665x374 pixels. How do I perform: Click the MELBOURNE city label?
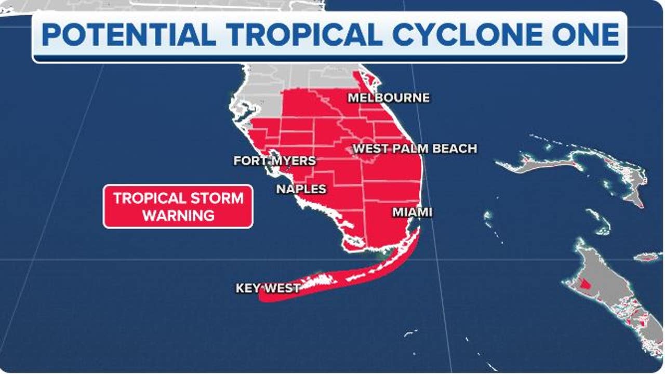(389, 98)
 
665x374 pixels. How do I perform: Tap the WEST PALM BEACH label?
(415, 149)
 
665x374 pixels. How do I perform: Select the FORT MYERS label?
(274, 161)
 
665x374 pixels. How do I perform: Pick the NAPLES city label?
(301, 189)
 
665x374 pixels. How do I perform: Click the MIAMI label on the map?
(413, 212)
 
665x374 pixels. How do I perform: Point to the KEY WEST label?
(268, 288)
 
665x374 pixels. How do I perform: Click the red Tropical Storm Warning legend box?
(178, 206)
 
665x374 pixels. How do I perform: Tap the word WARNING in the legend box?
(178, 215)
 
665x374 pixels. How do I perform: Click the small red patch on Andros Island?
(586, 285)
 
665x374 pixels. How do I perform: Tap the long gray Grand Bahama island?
(535, 165)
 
